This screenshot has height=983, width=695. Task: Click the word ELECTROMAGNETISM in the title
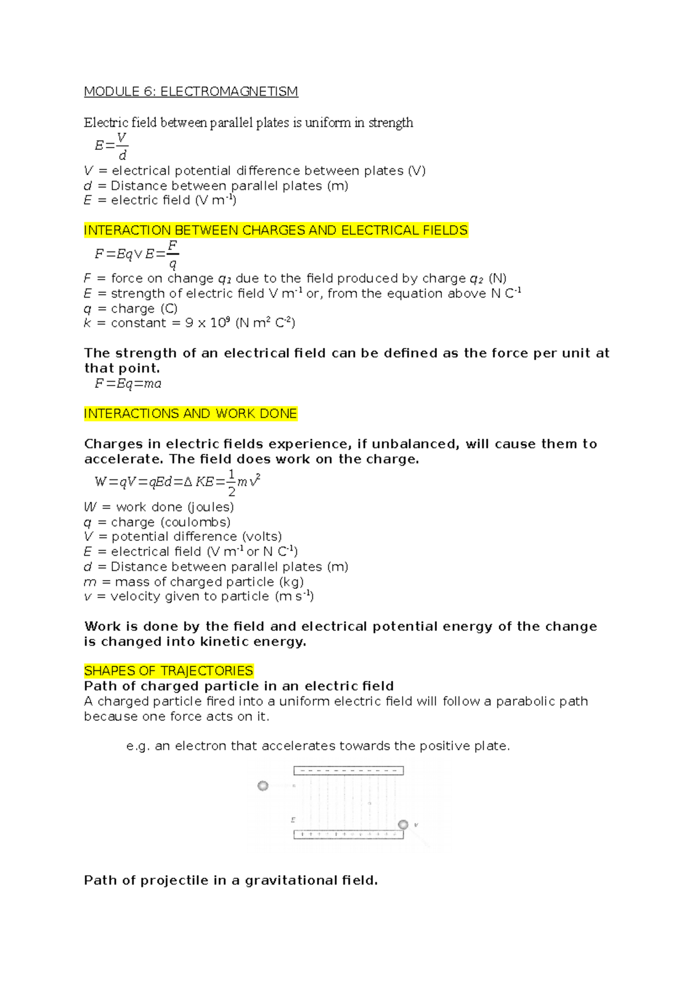[229, 91]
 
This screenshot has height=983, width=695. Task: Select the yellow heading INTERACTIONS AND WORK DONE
[191, 413]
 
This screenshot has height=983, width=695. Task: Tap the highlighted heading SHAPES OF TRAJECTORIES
[169, 671]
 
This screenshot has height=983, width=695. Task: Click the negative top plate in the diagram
[348, 771]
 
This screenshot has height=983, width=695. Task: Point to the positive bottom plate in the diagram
[348, 834]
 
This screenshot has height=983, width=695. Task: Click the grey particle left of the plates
[263, 786]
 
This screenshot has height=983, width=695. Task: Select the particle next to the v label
[403, 824]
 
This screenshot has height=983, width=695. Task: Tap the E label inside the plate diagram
[293, 820]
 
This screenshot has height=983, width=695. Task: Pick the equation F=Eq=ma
[128, 383]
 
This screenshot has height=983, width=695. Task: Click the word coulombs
[196, 522]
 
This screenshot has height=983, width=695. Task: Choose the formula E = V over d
[111, 146]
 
